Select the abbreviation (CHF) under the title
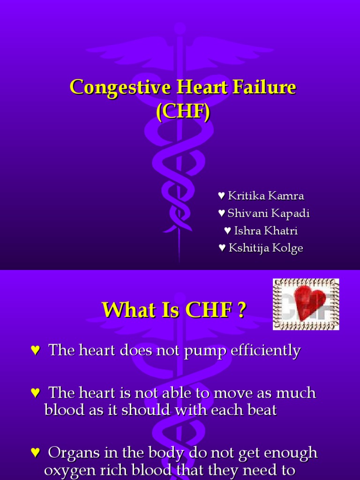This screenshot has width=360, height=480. point(183,112)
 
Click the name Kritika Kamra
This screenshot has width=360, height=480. point(265,195)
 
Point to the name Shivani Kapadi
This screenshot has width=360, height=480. point(268,213)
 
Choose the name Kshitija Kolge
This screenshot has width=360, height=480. point(265,248)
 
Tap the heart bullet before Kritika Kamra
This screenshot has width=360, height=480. point(221,195)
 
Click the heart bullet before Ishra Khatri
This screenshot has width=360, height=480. point(227,231)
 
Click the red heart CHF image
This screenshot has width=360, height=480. point(306,304)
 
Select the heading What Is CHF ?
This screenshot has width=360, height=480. point(174,310)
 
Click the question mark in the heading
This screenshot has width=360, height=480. point(241,310)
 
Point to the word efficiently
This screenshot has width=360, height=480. point(263,351)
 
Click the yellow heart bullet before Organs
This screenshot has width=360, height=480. point(34,453)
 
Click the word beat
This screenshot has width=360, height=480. point(261,410)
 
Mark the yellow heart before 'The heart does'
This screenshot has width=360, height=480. point(34,351)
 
